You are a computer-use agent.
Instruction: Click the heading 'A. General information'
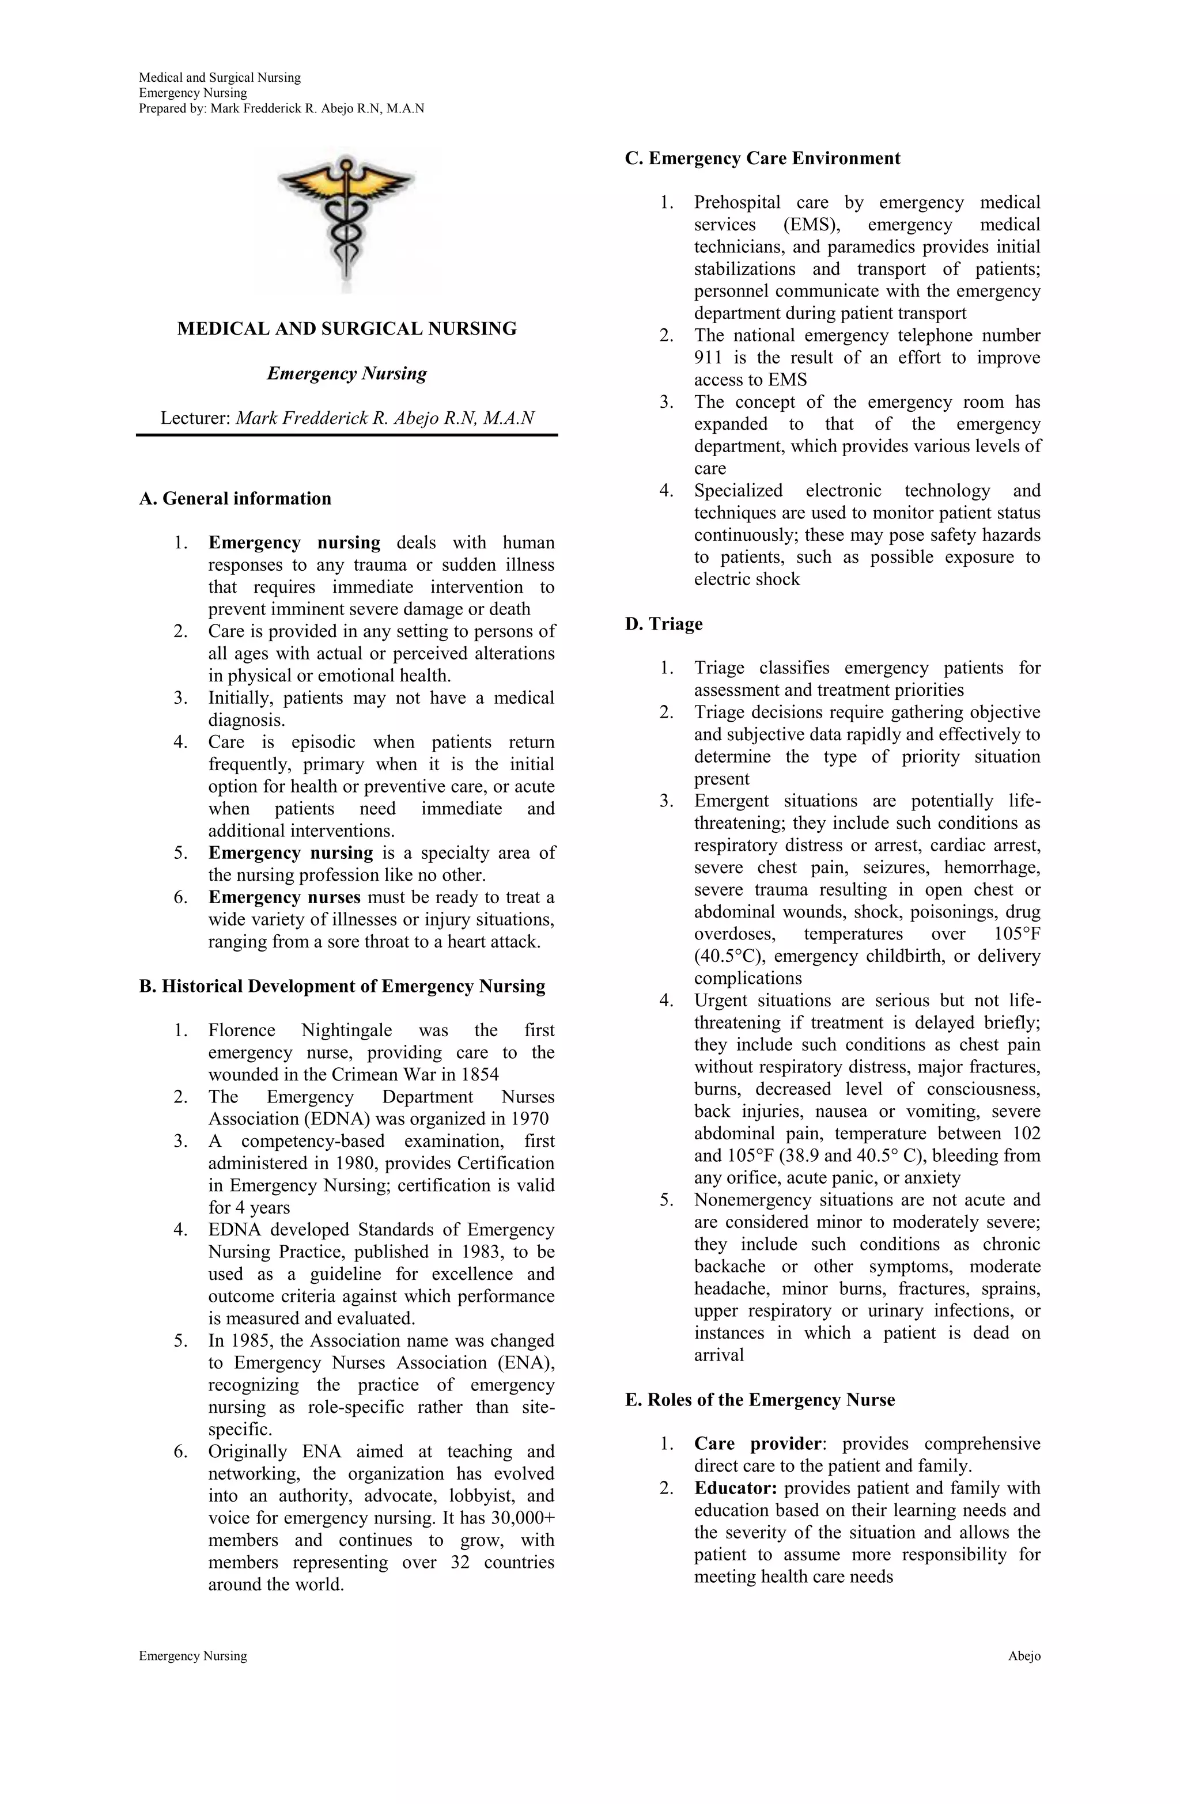point(235,499)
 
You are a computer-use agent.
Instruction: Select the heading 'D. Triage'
point(664,624)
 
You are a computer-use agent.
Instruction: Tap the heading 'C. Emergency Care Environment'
point(762,158)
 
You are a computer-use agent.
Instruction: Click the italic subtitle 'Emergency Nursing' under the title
point(347,374)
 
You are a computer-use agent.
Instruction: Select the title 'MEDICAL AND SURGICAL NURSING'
point(347,329)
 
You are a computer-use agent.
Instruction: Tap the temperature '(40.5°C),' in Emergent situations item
point(728,957)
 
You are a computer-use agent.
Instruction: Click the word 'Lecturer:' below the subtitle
point(195,418)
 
